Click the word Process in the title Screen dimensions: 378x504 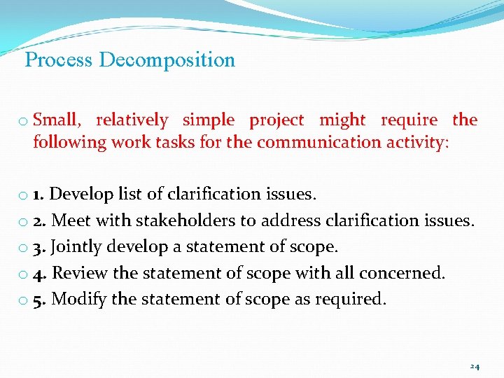coord(59,60)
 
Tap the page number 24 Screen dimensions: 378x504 coord(475,367)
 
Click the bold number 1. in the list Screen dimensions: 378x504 coord(40,194)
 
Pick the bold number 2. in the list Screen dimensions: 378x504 coord(41,220)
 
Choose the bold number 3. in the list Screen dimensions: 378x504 coord(41,247)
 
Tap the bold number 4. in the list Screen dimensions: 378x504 coord(41,273)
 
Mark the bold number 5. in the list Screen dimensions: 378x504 coord(41,300)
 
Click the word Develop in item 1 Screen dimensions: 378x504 coord(80,194)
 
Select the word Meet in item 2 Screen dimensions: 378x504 coord(71,220)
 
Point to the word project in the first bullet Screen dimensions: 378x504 coord(276,120)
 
